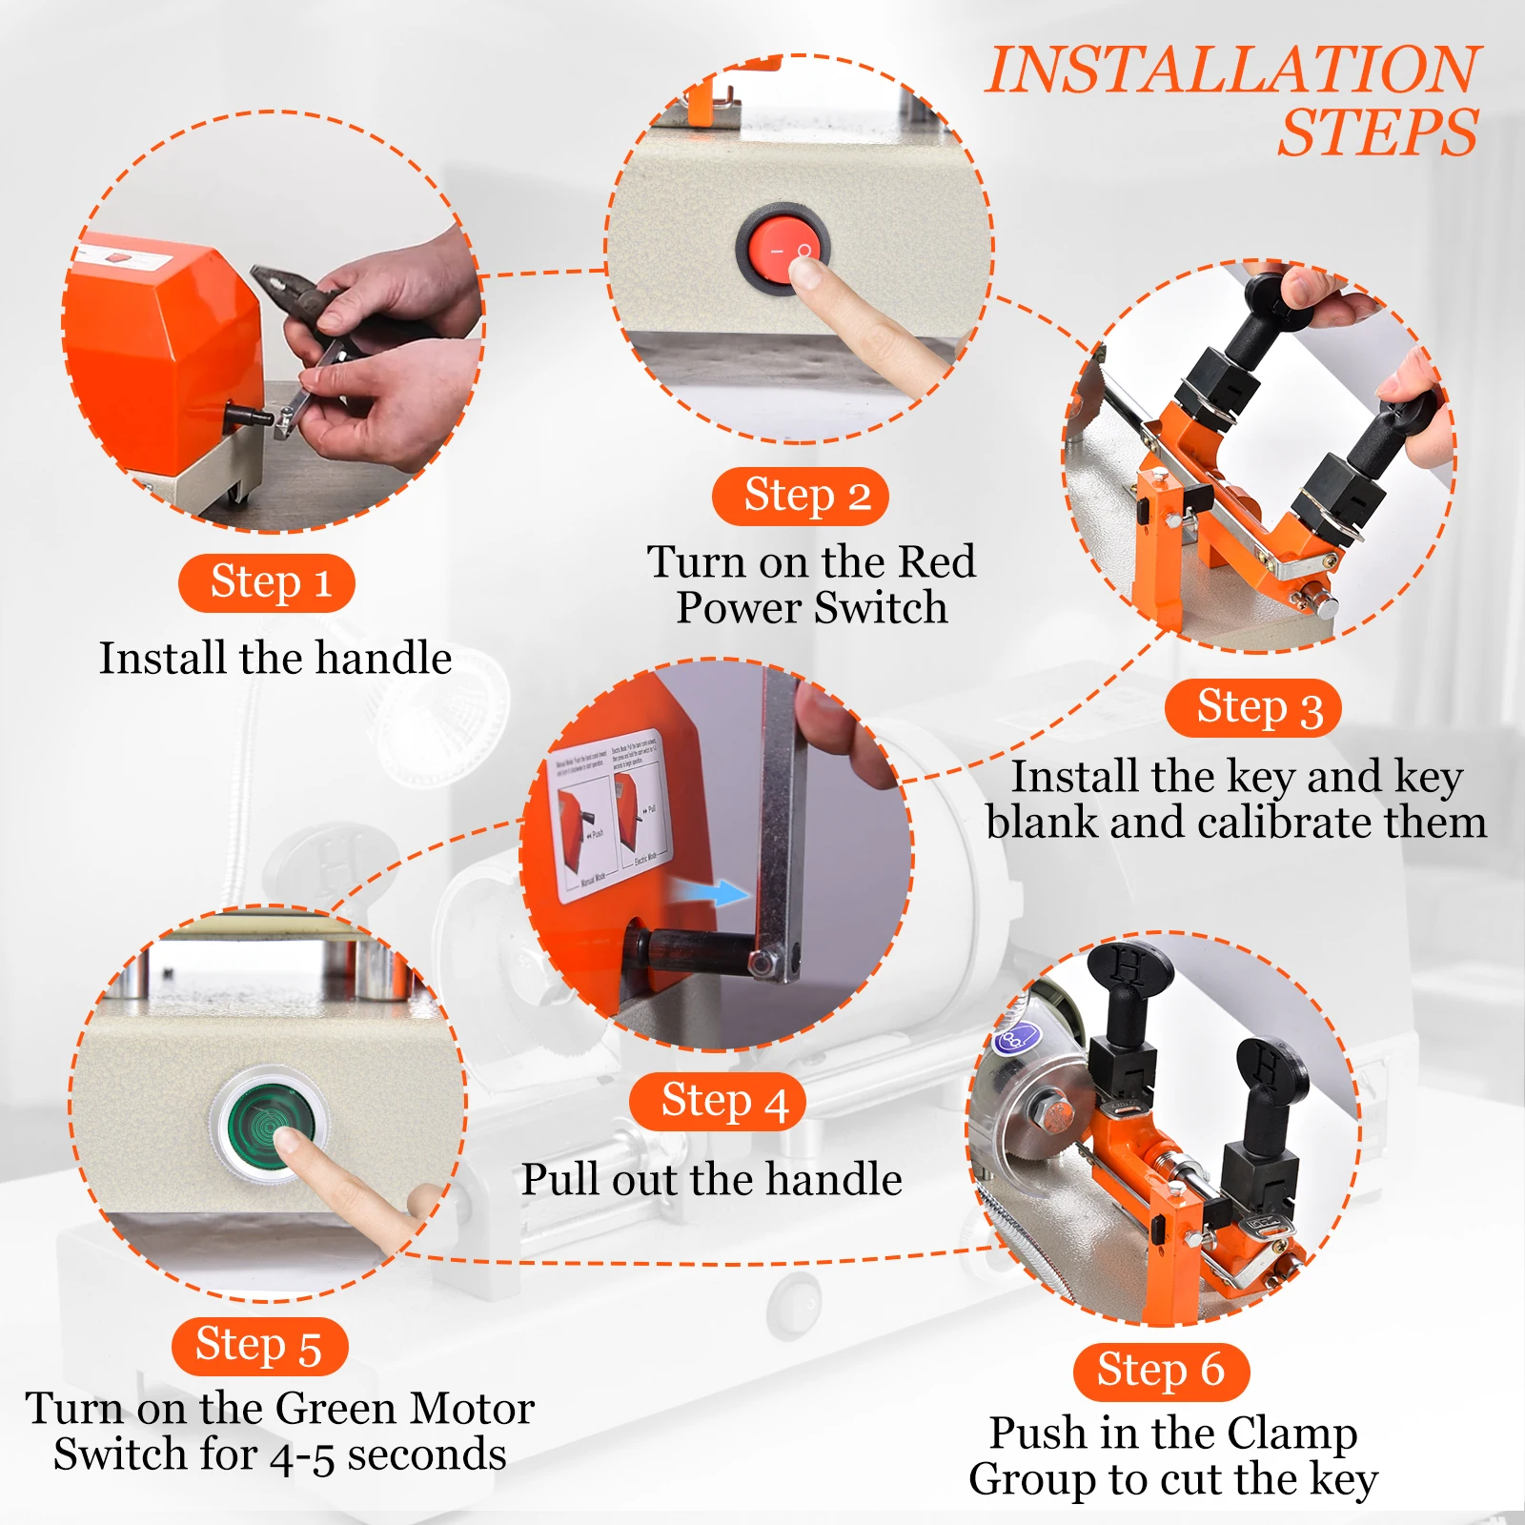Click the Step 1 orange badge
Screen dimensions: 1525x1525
pos(267,582)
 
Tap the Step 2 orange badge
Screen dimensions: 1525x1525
pos(801,496)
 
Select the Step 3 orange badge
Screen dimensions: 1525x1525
pos(1253,708)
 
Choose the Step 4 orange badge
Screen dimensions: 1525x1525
pos(718,1102)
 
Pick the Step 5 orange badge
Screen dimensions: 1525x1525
pos(260,1346)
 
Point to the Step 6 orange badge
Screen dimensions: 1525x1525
pos(1161,1372)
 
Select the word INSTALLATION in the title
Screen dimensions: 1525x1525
pos(1231,71)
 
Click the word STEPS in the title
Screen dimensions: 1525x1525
pos(1378,133)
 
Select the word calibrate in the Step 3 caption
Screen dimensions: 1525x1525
pos(1284,823)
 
